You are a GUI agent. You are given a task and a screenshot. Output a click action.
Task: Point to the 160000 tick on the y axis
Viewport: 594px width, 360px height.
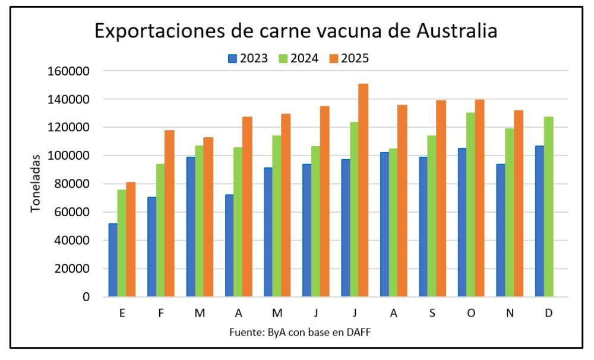click(x=69, y=71)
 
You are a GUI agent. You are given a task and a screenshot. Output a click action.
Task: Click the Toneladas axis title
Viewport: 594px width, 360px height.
click(x=36, y=183)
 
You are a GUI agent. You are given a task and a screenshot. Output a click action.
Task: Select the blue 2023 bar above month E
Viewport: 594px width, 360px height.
click(x=113, y=260)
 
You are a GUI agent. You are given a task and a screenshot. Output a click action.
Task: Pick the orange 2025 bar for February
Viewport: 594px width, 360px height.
click(x=169, y=213)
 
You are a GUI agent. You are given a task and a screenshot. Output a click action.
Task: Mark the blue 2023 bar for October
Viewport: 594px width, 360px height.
click(x=462, y=222)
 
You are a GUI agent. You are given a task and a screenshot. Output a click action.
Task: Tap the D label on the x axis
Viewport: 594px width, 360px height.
click(x=548, y=313)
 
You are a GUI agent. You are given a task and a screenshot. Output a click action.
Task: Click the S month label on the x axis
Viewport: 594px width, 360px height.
click(x=432, y=313)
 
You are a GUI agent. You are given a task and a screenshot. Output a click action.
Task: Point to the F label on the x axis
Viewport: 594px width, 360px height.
click(x=160, y=313)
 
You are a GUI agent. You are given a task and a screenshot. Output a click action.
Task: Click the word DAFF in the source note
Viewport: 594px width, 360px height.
click(x=359, y=332)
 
